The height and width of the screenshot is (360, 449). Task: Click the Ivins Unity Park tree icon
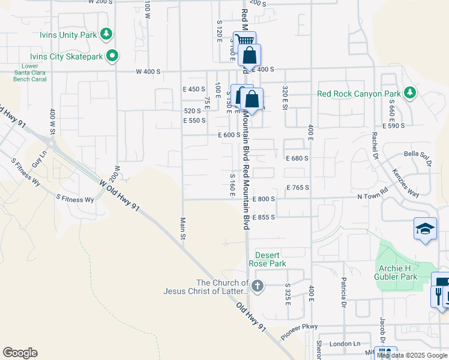point(106,34)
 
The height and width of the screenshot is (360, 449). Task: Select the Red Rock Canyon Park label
point(359,94)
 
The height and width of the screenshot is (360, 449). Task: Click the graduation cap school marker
point(424,229)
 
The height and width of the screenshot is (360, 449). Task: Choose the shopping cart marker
point(244,41)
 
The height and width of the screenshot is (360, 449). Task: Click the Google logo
point(20,353)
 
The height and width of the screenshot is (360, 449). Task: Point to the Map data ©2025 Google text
point(412,355)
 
